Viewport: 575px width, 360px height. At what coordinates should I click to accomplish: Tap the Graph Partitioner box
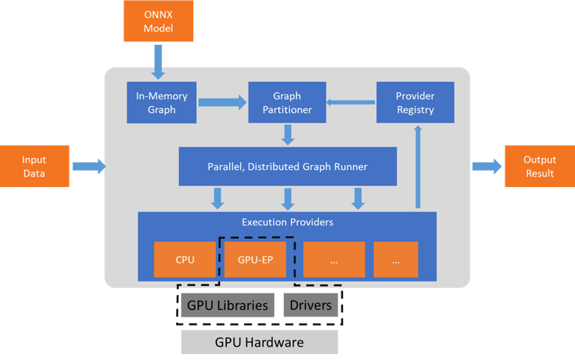coord(287,103)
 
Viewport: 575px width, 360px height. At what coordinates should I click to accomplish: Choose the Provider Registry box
coord(415,103)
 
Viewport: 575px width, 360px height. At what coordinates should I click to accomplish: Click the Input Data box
coord(34,166)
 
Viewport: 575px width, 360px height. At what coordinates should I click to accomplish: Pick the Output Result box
coord(539,166)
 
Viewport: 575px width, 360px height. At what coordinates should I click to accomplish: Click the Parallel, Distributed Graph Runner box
coord(287,166)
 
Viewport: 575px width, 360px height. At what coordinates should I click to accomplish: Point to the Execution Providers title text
coord(287,222)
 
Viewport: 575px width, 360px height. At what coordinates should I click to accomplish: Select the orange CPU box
coord(185,260)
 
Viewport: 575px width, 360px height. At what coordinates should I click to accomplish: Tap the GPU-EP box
coord(255,260)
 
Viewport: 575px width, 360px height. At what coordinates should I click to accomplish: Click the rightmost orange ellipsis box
coord(395,260)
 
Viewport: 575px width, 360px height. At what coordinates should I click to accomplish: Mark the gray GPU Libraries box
coord(228,305)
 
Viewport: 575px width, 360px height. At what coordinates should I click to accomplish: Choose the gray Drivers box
coord(310,305)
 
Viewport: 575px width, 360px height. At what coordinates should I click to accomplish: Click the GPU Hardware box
coord(259,342)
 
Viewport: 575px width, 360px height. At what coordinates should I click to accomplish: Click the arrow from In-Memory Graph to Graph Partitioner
coord(222,103)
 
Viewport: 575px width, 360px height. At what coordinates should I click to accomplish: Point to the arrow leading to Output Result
coord(487,166)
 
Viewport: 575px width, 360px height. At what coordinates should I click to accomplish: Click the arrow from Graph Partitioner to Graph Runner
coord(287,135)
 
